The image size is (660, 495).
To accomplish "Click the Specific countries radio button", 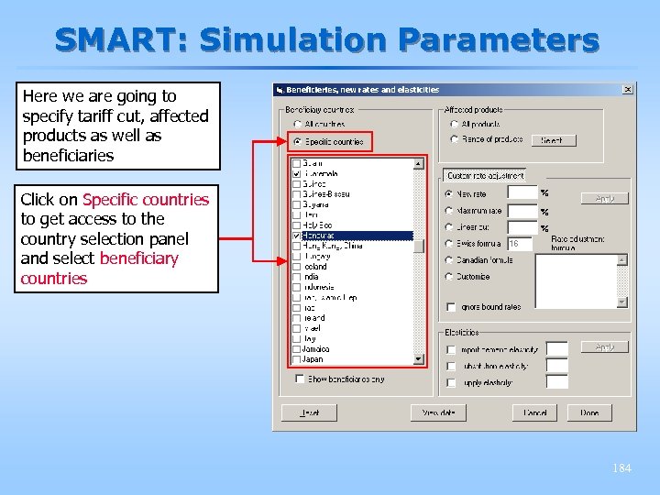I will [x=297, y=141].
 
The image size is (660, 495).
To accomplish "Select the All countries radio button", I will [x=297, y=124].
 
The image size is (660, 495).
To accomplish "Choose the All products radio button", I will [x=454, y=124].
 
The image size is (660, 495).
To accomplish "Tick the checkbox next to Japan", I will [x=296, y=359].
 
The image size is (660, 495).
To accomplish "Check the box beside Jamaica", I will [x=296, y=349].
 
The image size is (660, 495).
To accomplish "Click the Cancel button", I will [x=534, y=412].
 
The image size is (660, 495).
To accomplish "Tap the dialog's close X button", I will [x=628, y=90].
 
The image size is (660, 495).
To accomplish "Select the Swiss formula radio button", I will [x=449, y=244].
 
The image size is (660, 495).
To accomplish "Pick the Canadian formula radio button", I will [x=449, y=259].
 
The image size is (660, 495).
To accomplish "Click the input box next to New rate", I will [x=522, y=193].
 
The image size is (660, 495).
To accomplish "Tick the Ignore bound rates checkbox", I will [x=450, y=306].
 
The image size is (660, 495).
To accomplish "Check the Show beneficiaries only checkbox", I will [x=300, y=379].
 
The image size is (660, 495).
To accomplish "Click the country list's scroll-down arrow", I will [x=419, y=358].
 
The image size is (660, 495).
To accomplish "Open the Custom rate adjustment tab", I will [x=485, y=175].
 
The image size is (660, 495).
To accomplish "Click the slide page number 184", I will [x=621, y=468].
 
